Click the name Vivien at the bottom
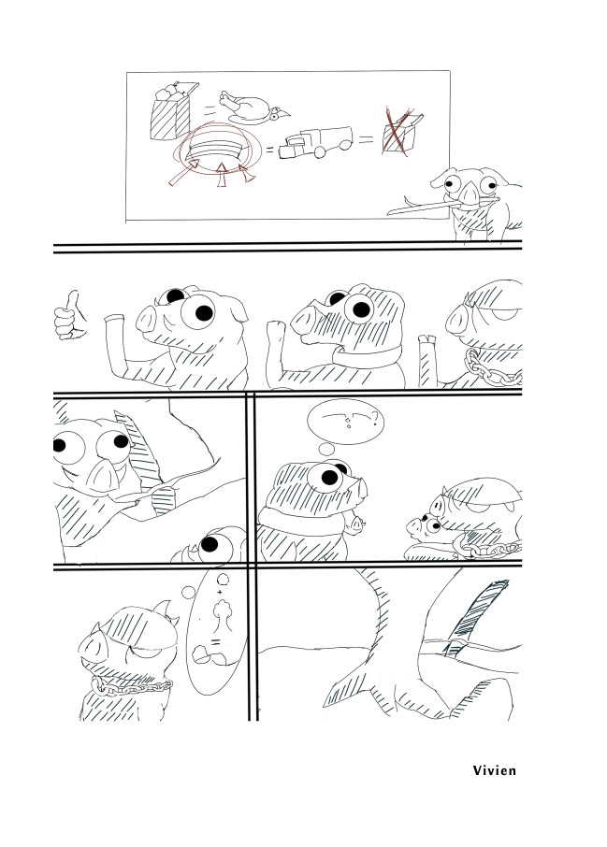point(494,770)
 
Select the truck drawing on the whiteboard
point(315,143)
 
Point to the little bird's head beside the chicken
point(279,114)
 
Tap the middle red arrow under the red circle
point(221,175)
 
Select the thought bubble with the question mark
point(345,421)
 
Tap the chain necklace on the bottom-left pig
point(131,686)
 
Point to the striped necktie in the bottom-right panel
point(476,613)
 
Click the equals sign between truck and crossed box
point(366,140)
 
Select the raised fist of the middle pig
point(276,331)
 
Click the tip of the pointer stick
point(389,213)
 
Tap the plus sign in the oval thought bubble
point(220,593)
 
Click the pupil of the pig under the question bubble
point(329,478)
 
